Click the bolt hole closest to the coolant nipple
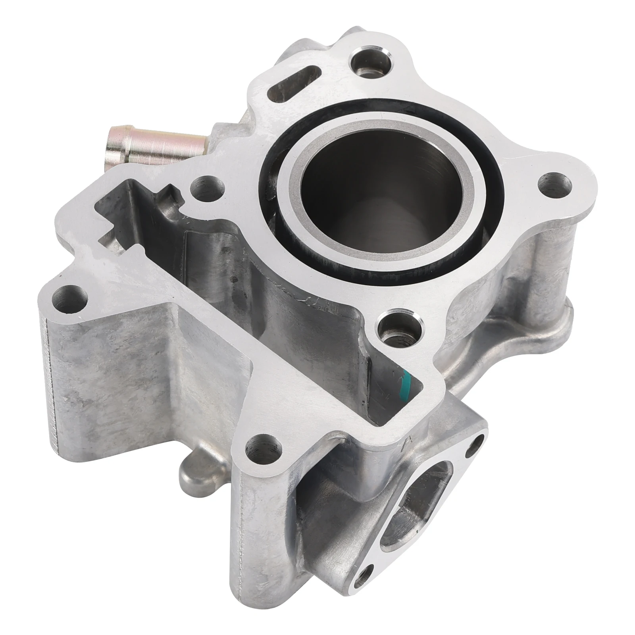coord(206,187)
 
